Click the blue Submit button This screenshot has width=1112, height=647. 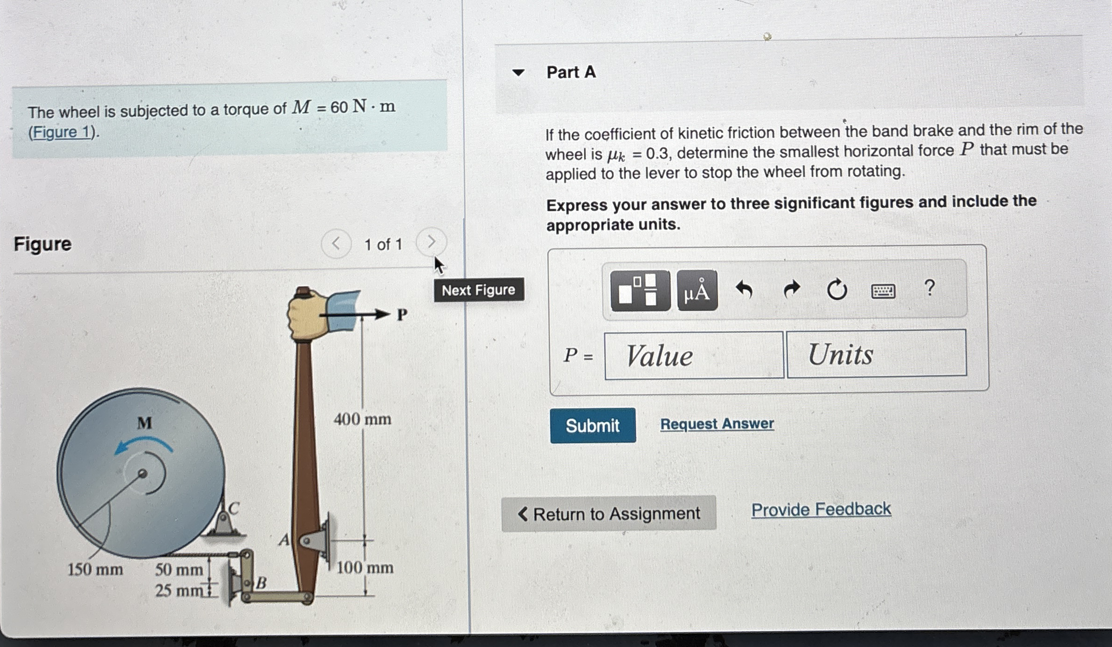[592, 425]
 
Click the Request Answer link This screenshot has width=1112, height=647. [717, 424]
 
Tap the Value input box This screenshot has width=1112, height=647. [693, 356]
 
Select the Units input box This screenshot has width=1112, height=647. [876, 353]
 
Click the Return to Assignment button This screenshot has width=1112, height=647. [608, 514]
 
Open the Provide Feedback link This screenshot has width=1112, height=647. [821, 509]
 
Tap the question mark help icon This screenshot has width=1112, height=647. [929, 288]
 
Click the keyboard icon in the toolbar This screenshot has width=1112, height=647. [883, 291]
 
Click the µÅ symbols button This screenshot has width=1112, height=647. [697, 291]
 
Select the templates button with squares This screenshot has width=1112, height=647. [640, 291]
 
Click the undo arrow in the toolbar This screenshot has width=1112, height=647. [744, 290]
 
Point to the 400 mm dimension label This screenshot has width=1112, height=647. [362, 419]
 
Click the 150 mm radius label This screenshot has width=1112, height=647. [95, 569]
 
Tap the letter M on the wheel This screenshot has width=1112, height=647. [144, 423]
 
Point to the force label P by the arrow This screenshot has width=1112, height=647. [401, 315]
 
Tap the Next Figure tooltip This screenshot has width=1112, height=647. [478, 290]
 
